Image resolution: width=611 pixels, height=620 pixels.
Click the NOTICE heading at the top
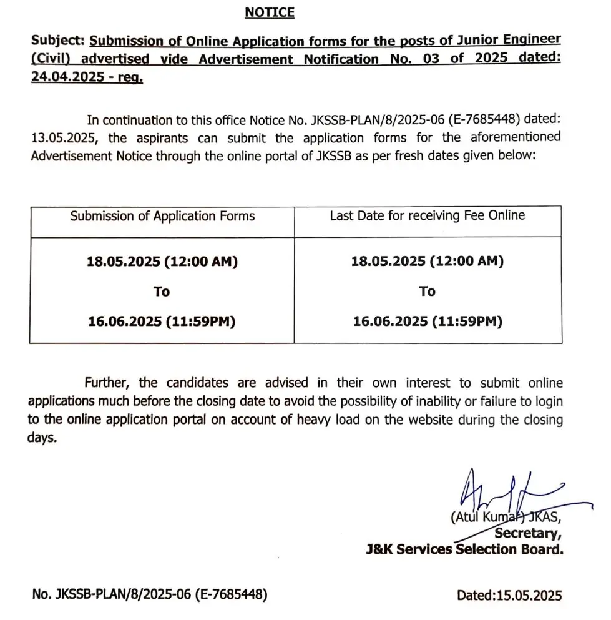[269, 12]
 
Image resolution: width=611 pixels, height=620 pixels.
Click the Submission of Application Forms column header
[162, 216]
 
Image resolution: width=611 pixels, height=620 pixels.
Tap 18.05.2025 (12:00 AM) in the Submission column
[162, 262]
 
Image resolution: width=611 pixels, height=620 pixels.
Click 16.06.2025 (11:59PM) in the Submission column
[162, 322]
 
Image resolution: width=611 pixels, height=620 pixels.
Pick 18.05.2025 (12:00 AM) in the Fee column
[428, 262]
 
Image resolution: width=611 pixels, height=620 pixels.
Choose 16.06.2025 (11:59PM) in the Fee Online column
[428, 322]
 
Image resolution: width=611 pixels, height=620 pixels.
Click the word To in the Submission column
[162, 292]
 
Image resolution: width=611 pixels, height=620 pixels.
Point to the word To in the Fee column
[428, 291]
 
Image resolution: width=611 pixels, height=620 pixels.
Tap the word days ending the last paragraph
[42, 438]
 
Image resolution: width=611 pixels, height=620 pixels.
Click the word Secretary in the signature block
[527, 533]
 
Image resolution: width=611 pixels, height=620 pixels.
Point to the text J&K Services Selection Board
[464, 550]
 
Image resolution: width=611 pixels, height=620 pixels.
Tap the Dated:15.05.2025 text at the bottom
[509, 595]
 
